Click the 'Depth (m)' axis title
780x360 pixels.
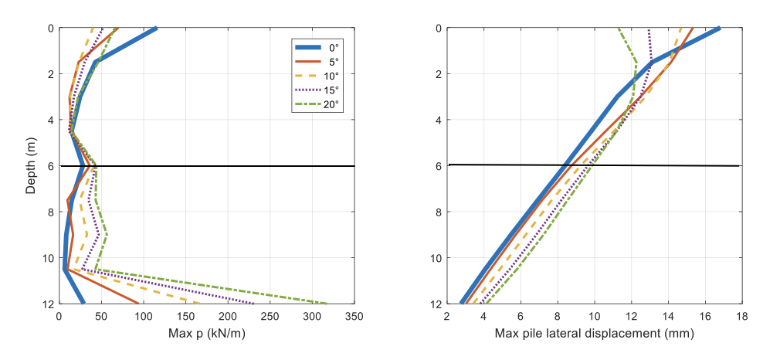coord(30,165)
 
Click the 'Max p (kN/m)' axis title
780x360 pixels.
coord(206,335)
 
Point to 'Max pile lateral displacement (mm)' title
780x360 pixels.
coord(594,335)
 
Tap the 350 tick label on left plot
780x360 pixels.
coord(354,318)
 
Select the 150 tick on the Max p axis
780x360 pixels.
coord(185,318)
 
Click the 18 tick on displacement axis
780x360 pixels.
coord(742,318)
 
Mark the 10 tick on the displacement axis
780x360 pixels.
coord(595,318)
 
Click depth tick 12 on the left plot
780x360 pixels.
coord(48,304)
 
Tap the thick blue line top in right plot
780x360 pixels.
coord(719,29)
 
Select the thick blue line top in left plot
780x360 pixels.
coord(156,29)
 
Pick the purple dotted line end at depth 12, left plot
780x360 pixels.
coord(254,304)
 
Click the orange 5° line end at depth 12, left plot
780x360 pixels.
coord(138,304)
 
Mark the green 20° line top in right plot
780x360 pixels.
coord(619,29)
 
